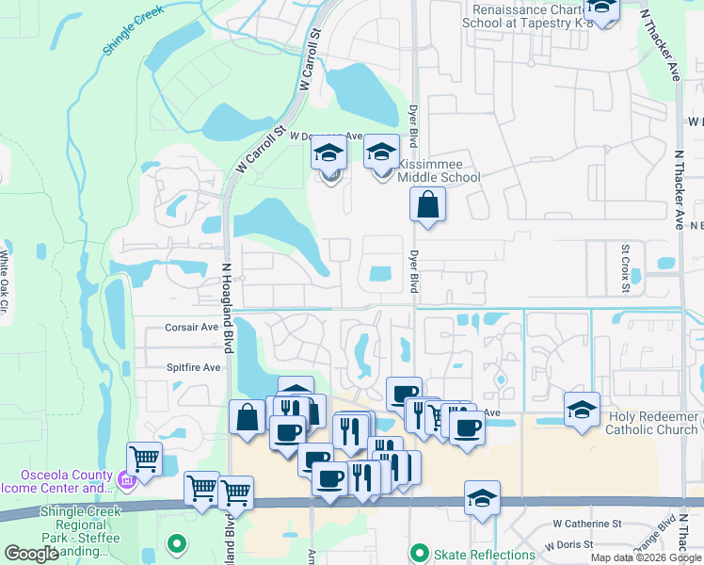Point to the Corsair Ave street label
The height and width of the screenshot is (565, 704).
(x=192, y=328)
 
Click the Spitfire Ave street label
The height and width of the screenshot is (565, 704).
(x=193, y=367)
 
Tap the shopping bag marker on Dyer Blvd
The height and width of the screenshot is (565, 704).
(x=427, y=204)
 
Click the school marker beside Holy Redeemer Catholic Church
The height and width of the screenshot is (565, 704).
(x=583, y=410)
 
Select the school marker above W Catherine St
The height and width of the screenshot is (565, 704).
(x=482, y=498)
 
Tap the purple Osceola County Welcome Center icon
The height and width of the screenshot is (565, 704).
(x=127, y=483)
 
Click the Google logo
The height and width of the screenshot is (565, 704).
(x=32, y=554)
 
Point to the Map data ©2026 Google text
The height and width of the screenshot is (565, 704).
(x=647, y=557)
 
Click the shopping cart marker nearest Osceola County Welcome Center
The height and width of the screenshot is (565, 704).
(x=144, y=460)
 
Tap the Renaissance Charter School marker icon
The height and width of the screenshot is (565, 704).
(x=603, y=9)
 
